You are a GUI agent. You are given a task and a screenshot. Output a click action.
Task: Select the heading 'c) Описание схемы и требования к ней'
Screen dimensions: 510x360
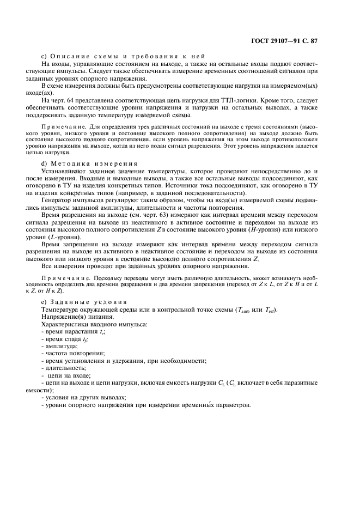[x=123, y=57]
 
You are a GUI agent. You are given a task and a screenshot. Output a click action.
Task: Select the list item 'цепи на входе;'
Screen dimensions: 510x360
[x=65, y=375]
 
